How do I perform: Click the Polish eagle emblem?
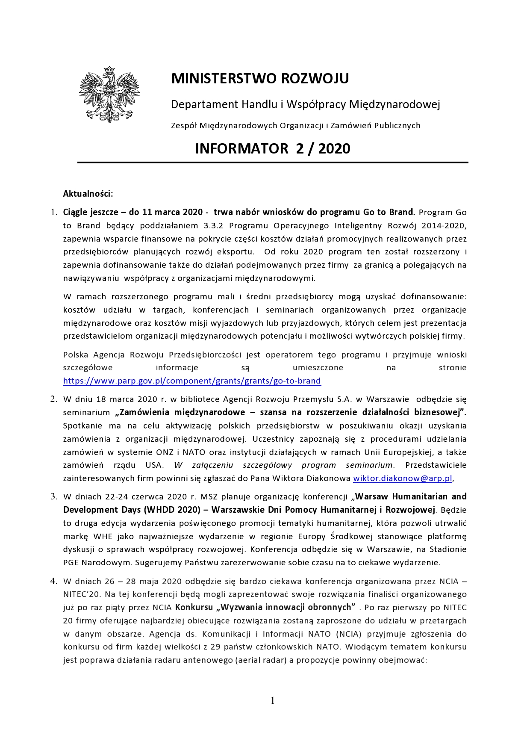click(109, 94)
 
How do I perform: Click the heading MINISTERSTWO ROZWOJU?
click(260, 79)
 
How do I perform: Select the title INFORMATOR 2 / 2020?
click(272, 149)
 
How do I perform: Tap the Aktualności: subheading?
click(88, 194)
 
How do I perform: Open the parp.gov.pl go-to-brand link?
click(192, 381)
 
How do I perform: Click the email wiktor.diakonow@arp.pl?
click(402, 478)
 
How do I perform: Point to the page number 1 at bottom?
click(273, 700)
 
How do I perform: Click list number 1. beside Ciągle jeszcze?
click(54, 213)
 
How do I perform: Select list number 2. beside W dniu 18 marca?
click(54, 399)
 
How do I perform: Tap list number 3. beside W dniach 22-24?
click(54, 497)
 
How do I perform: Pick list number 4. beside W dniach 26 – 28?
click(54, 582)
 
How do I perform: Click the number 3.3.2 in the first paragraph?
click(213, 226)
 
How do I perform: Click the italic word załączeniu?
click(212, 465)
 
